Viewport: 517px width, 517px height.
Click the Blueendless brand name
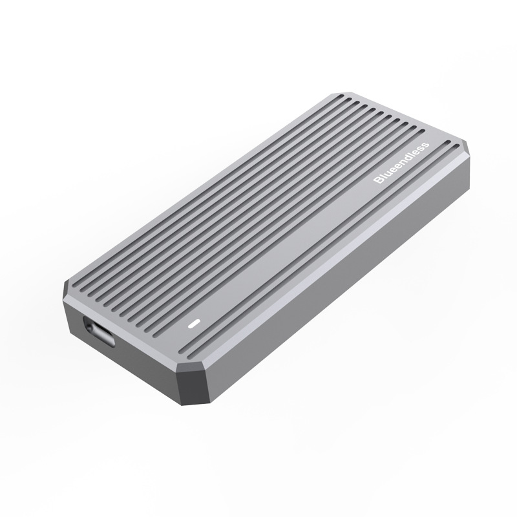pyautogui.click(x=401, y=163)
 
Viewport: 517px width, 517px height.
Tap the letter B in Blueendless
pyautogui.click(x=379, y=180)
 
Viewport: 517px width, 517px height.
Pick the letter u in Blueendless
pyautogui.click(x=388, y=173)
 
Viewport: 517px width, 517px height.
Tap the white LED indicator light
pyautogui.click(x=194, y=324)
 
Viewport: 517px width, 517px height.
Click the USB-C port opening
pyautogui.click(x=99, y=332)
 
